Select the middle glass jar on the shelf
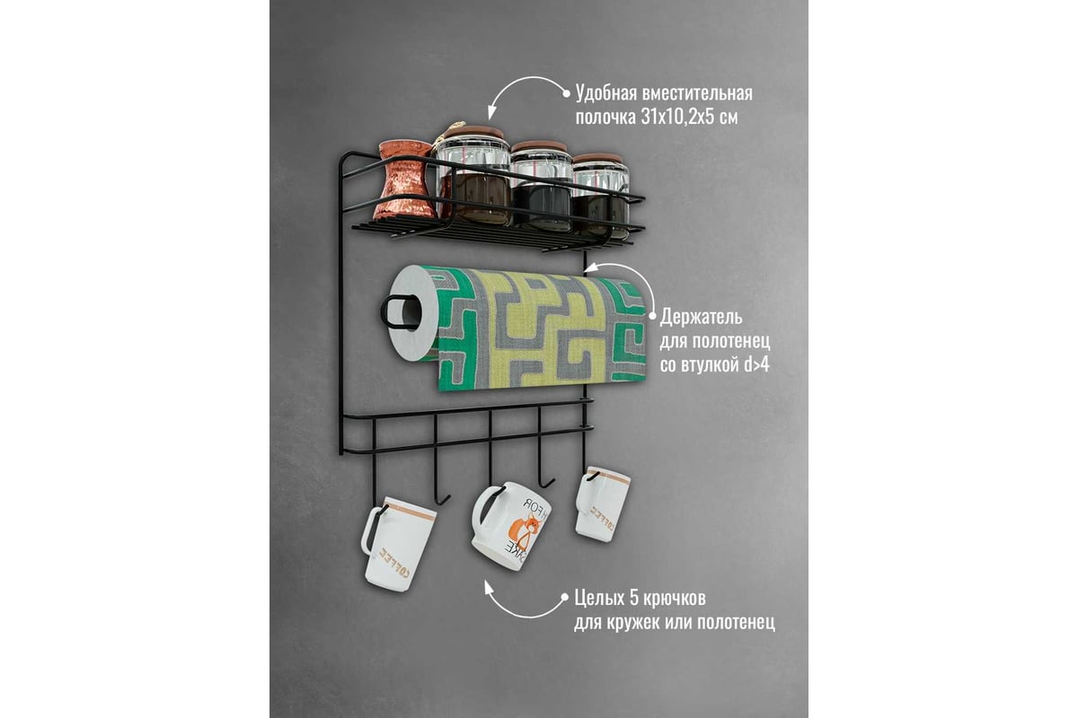[542, 185]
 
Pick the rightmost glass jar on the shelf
[601, 194]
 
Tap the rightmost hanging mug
[602, 503]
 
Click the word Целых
[599, 600]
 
